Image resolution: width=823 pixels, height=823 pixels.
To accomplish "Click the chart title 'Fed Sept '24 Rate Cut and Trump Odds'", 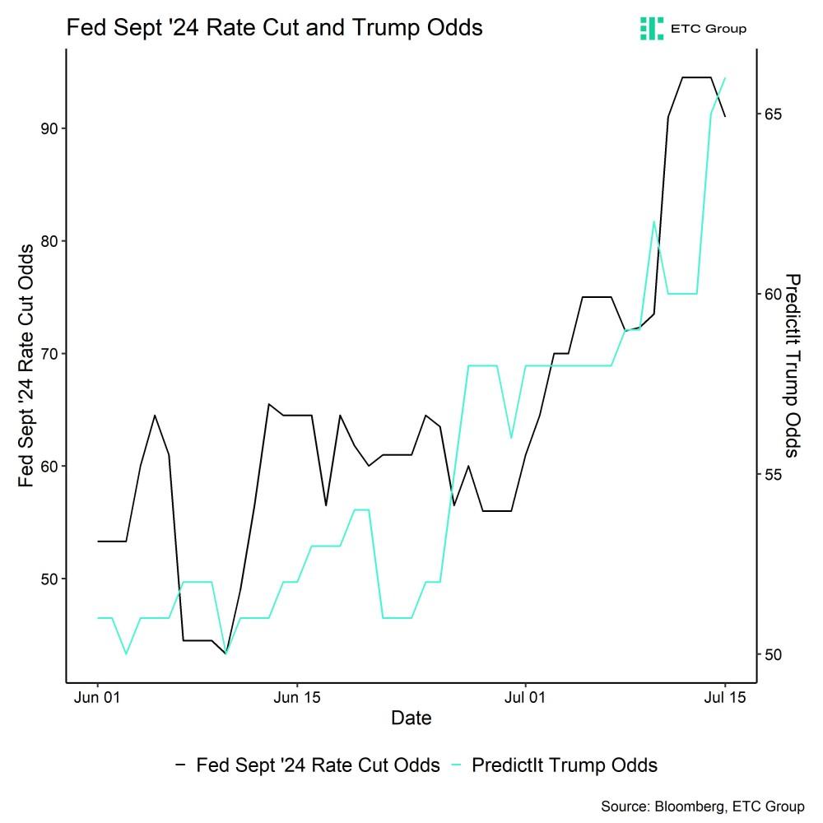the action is (274, 27).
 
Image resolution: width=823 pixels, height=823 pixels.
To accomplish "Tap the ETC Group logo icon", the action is (651, 28).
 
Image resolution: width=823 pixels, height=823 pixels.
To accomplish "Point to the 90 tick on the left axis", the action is (49, 128).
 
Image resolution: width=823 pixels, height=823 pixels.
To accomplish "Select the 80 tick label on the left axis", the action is (49, 241).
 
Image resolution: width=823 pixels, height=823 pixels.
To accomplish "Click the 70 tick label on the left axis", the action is (49, 354).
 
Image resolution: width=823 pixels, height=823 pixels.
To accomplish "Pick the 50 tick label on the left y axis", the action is (49, 579).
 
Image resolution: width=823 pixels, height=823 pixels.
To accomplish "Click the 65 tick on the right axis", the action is (773, 114).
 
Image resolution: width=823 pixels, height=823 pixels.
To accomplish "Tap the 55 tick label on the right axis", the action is (773, 475).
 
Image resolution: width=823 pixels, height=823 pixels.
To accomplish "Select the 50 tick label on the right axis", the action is (773, 654).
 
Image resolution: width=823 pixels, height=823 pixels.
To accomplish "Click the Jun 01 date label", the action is (97, 698).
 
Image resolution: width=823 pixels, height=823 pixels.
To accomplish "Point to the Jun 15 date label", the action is (297, 698).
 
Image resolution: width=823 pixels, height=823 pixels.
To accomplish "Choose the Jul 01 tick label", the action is (525, 698).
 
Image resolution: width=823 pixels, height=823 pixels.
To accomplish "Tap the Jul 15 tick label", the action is (725, 698).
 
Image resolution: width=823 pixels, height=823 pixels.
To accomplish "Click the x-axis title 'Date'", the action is (411, 718).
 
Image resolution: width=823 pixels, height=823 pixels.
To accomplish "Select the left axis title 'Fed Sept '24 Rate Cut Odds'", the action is (26, 366).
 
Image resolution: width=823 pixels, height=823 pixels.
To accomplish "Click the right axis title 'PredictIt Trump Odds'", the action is (792, 366).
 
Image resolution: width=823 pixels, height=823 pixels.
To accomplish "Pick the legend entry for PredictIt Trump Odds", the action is (554, 765).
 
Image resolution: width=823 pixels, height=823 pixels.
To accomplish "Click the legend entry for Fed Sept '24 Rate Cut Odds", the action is (308, 765).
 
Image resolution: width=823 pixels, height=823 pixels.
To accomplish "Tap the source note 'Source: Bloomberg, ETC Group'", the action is (702, 807).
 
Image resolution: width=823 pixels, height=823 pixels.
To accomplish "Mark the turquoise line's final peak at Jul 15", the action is (725, 78).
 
